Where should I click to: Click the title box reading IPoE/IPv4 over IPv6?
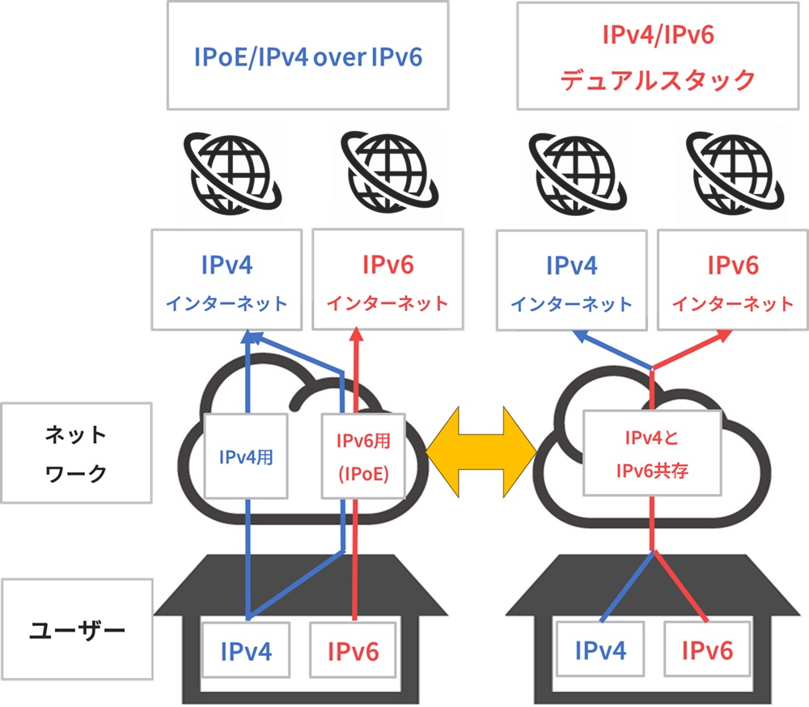[307, 56]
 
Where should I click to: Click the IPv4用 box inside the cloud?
[245, 455]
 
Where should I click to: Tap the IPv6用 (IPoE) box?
[363, 455]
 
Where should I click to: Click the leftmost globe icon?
[229, 171]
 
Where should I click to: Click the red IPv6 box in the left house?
[354, 649]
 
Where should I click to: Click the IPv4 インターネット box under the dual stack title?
[571, 279]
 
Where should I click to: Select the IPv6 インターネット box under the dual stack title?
[733, 279]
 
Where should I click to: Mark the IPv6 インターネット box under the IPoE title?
[388, 279]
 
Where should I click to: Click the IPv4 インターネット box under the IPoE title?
[227, 279]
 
